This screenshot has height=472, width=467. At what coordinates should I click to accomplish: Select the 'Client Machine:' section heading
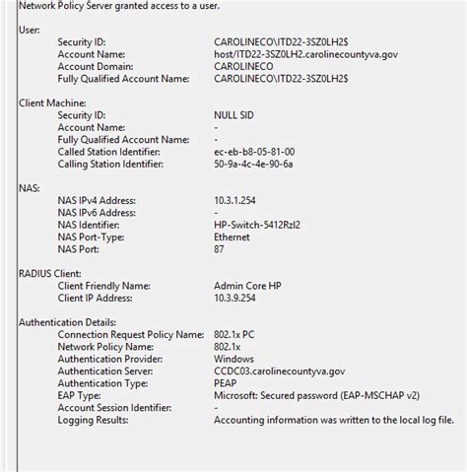pos(54,101)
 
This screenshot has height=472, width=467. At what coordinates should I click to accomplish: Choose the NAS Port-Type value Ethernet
pos(233,236)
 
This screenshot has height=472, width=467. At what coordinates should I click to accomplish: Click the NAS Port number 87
pos(220,248)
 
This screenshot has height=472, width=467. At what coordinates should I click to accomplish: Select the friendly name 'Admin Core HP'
pos(247,285)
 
